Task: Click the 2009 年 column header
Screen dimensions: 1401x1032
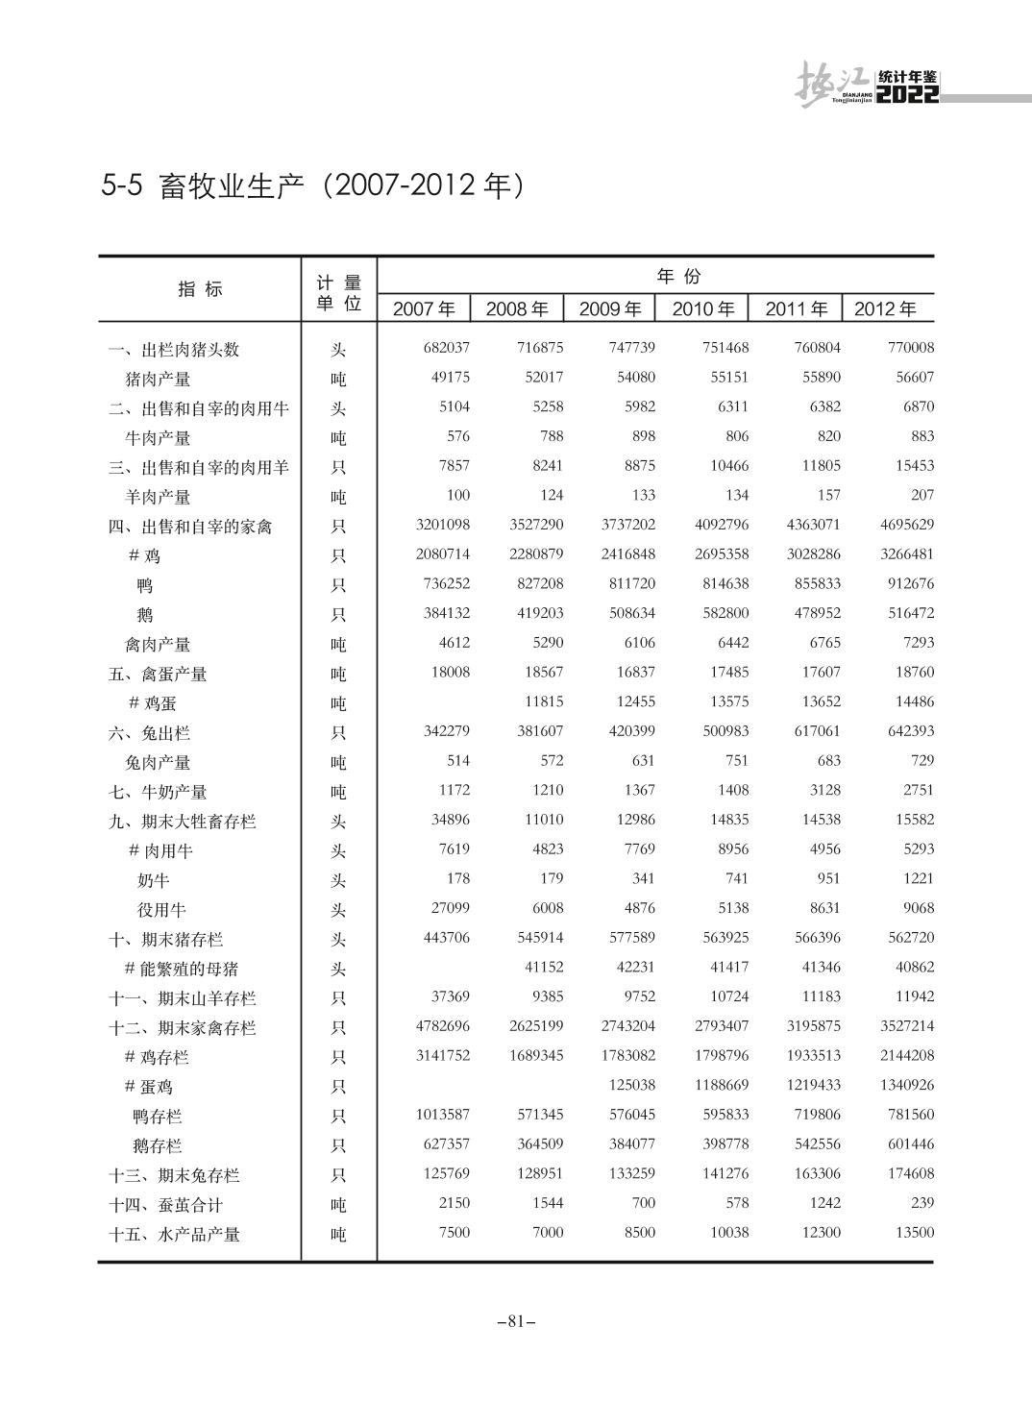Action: click(610, 308)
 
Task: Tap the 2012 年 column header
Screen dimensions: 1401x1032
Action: click(885, 308)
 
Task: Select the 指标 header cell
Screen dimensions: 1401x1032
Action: click(200, 289)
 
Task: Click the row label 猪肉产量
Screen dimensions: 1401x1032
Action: click(158, 379)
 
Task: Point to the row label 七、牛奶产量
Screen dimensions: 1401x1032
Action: click(158, 792)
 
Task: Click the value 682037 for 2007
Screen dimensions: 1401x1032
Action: click(447, 348)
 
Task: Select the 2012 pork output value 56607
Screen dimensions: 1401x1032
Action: click(915, 378)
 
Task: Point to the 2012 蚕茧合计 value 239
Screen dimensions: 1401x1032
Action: click(921, 1203)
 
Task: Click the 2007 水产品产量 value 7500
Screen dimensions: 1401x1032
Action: click(455, 1233)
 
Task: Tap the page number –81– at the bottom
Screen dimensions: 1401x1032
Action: click(516, 1321)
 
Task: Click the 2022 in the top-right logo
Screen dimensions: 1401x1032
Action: click(908, 94)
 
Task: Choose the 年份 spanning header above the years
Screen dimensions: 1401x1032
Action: click(678, 277)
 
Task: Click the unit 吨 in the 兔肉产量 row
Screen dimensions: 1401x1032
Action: click(338, 763)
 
